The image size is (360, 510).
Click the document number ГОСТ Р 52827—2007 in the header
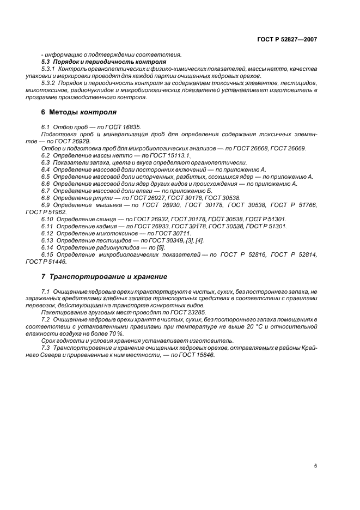(288, 39)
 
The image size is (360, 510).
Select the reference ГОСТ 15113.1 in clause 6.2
(169, 155)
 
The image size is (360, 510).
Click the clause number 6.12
(47, 233)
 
